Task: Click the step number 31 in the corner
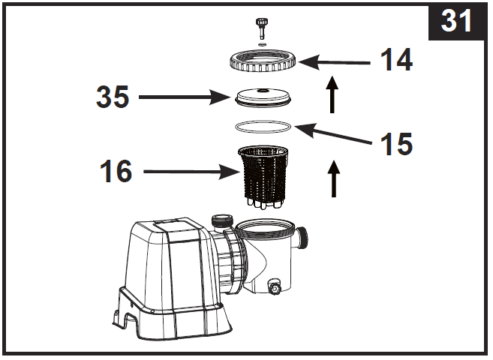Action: [456, 21]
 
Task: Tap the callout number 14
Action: [395, 61]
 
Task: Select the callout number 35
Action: [112, 97]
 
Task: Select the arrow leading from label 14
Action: [338, 63]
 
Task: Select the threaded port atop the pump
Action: [222, 222]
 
